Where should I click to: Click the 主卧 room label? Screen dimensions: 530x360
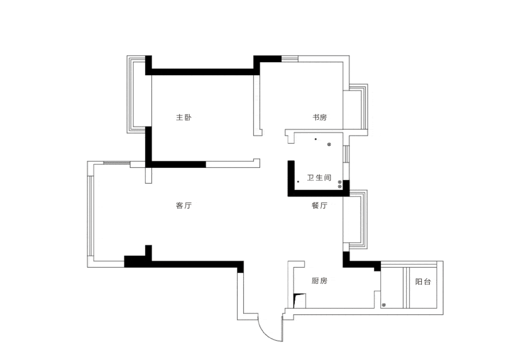(184, 117)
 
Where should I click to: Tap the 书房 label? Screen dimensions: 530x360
(319, 117)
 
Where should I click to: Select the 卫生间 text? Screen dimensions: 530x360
(319, 177)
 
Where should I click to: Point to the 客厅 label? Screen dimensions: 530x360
(184, 205)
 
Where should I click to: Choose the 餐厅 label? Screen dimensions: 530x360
(319, 205)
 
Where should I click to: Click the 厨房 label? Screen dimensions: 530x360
(319, 280)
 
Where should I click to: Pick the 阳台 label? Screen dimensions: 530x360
(423, 281)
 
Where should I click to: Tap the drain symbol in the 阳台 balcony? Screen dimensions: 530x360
(384, 305)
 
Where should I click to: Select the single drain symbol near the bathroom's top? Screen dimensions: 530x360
(329, 144)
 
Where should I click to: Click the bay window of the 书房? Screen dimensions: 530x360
(358, 107)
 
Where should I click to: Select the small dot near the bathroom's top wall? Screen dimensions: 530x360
(316, 139)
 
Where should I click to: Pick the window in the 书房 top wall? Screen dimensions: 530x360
(290, 59)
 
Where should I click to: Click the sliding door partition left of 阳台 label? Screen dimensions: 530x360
(406, 288)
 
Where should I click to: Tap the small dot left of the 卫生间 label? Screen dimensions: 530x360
(298, 182)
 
